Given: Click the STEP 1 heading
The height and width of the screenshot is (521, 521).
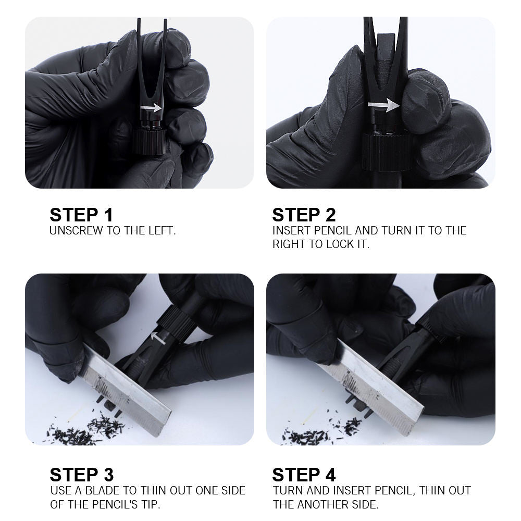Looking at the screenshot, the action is pos(81,215).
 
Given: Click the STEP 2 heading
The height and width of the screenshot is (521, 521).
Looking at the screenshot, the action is pos(304,215).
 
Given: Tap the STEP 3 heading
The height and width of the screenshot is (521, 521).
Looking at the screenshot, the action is pos(82,475).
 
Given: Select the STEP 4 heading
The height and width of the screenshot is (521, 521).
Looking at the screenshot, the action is pos(304,475).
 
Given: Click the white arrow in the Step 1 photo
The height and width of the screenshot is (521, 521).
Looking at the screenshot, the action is pos(151,108).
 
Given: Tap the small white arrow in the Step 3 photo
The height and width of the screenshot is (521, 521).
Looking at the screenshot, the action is pos(158,338).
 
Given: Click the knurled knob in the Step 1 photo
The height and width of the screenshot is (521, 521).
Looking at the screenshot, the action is pos(150,142).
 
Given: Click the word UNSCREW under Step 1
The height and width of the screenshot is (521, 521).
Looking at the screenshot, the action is pos(76,231).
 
